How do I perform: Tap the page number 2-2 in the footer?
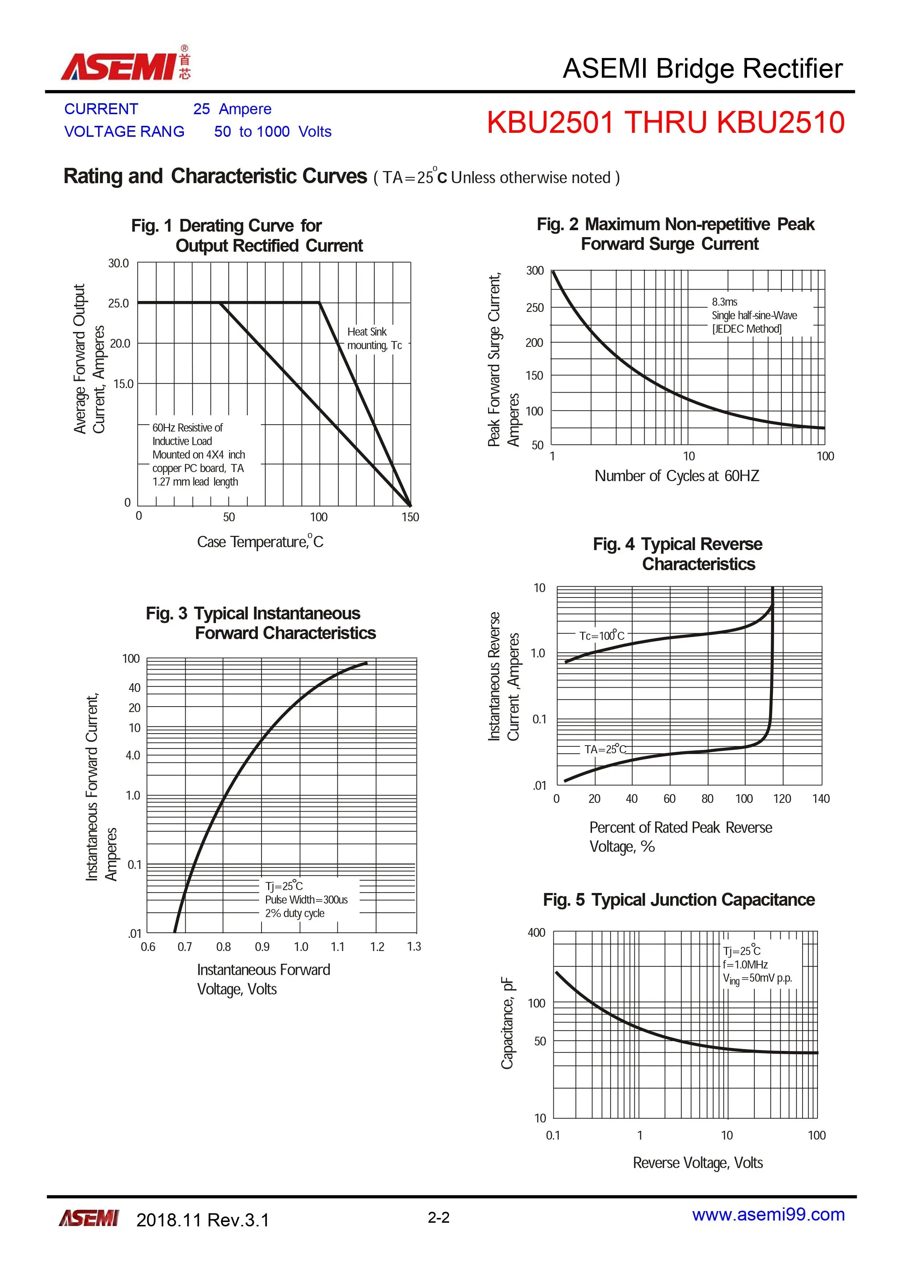pyautogui.click(x=439, y=1218)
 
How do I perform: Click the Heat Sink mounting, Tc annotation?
pyautogui.click(x=375, y=339)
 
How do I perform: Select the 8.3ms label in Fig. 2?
pyautogui.click(x=724, y=302)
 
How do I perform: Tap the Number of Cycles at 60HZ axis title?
pyautogui.click(x=677, y=476)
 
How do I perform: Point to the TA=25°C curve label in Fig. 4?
pyautogui.click(x=605, y=749)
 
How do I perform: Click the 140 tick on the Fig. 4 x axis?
pyautogui.click(x=821, y=799)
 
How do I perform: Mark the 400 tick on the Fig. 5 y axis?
pyautogui.click(x=537, y=933)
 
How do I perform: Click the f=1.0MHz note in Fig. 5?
pyautogui.click(x=746, y=964)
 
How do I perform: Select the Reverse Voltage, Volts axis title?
pyautogui.click(x=697, y=1163)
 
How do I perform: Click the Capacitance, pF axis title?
pyautogui.click(x=507, y=1022)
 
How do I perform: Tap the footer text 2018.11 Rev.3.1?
pyautogui.click(x=202, y=1220)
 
